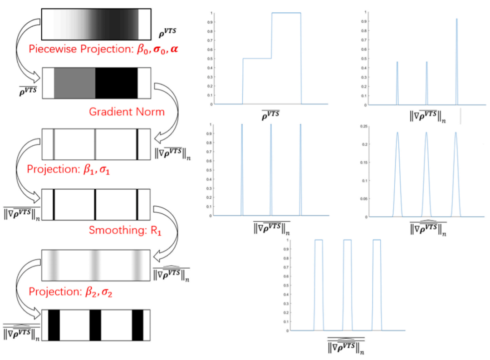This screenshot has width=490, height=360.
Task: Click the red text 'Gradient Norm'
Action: click(x=127, y=111)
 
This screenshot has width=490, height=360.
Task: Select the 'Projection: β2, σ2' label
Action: click(x=70, y=291)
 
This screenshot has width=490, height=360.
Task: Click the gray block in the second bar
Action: click(x=74, y=83)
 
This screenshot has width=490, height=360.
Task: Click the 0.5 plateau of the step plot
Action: click(x=257, y=58)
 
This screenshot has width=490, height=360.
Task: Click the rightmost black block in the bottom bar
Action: click(x=137, y=325)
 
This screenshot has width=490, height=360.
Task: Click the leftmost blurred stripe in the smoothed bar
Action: click(x=54, y=265)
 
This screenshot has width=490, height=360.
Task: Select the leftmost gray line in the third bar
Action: click(x=54, y=144)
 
